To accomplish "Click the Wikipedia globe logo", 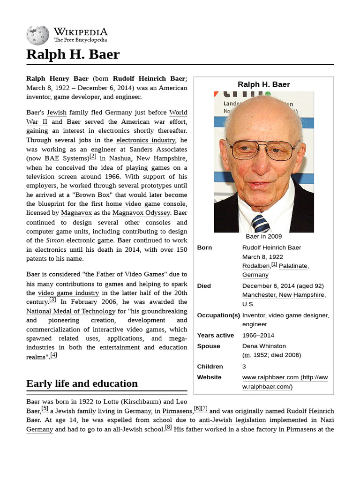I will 37,35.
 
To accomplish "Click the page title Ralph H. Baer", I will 73,54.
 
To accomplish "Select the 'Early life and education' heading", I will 82,383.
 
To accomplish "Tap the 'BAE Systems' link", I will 66,158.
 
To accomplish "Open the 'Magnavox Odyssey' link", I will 141,213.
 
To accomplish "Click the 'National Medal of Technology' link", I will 71,311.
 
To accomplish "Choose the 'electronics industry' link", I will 146,140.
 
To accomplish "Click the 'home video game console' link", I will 146,204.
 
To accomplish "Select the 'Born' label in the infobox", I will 204,247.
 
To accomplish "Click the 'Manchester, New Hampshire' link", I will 283,295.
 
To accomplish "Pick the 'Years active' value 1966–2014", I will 258,335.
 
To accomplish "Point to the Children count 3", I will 244,367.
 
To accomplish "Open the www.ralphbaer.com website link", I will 270,377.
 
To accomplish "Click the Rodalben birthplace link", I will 256,266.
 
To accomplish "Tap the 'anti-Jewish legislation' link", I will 232,420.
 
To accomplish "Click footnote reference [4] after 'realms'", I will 53,355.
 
